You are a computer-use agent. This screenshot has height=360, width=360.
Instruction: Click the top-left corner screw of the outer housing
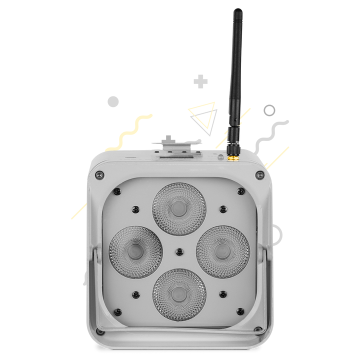point(99,174)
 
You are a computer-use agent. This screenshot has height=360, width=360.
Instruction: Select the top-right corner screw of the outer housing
point(259,174)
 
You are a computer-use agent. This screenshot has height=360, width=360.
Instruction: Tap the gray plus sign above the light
point(200,81)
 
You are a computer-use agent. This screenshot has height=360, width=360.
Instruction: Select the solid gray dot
point(113,102)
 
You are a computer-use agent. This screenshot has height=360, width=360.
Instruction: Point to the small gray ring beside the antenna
point(270,109)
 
